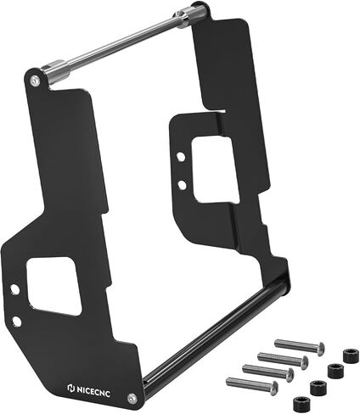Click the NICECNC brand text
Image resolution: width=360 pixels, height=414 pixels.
[93, 390]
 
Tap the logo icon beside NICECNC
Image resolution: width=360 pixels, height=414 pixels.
[70, 388]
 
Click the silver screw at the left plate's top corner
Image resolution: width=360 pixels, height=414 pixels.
[35, 81]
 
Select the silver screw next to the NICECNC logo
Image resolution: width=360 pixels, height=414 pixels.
[131, 398]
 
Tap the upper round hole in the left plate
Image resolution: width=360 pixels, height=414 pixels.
[14, 289]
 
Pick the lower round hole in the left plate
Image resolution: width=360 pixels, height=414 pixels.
[17, 322]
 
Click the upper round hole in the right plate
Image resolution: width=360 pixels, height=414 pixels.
[181, 157]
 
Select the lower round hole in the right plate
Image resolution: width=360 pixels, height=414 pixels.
[183, 185]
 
